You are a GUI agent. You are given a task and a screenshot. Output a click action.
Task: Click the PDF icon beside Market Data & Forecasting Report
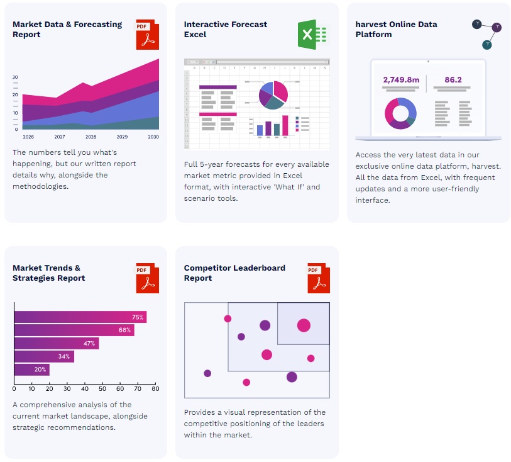[x=148, y=34]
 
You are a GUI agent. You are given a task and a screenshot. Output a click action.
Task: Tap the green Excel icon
[x=313, y=34]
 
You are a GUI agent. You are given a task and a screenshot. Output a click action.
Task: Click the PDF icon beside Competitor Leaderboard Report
[x=319, y=278]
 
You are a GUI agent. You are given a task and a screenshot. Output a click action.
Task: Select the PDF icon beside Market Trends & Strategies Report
[x=148, y=278]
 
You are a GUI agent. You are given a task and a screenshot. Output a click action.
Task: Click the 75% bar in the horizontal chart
[x=80, y=317]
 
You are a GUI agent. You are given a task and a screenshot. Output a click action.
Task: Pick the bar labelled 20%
[x=31, y=369]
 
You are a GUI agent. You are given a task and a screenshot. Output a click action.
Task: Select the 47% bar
[x=57, y=344]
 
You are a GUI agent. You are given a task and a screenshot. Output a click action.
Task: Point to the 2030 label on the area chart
[x=153, y=137]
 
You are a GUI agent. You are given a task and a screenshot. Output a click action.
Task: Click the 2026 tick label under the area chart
[x=28, y=137]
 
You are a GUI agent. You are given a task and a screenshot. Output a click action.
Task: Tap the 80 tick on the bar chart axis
[x=155, y=389]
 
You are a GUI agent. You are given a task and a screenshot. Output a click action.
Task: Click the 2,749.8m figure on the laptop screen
[x=401, y=80]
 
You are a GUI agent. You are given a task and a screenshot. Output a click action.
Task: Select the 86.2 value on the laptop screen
[x=453, y=80]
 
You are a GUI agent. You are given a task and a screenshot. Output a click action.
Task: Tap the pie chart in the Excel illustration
[x=273, y=95]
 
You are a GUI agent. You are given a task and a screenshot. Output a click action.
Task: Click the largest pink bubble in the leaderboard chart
[x=304, y=325]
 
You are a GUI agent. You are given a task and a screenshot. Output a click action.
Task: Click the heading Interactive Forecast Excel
[x=226, y=29]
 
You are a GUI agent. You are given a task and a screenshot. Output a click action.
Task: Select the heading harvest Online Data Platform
[x=396, y=29]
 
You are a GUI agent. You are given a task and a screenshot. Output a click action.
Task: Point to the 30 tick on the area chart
[x=15, y=77]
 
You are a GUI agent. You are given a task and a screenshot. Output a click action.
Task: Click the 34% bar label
[x=64, y=357]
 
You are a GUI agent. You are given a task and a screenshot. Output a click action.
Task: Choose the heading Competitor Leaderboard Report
[x=234, y=273]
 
